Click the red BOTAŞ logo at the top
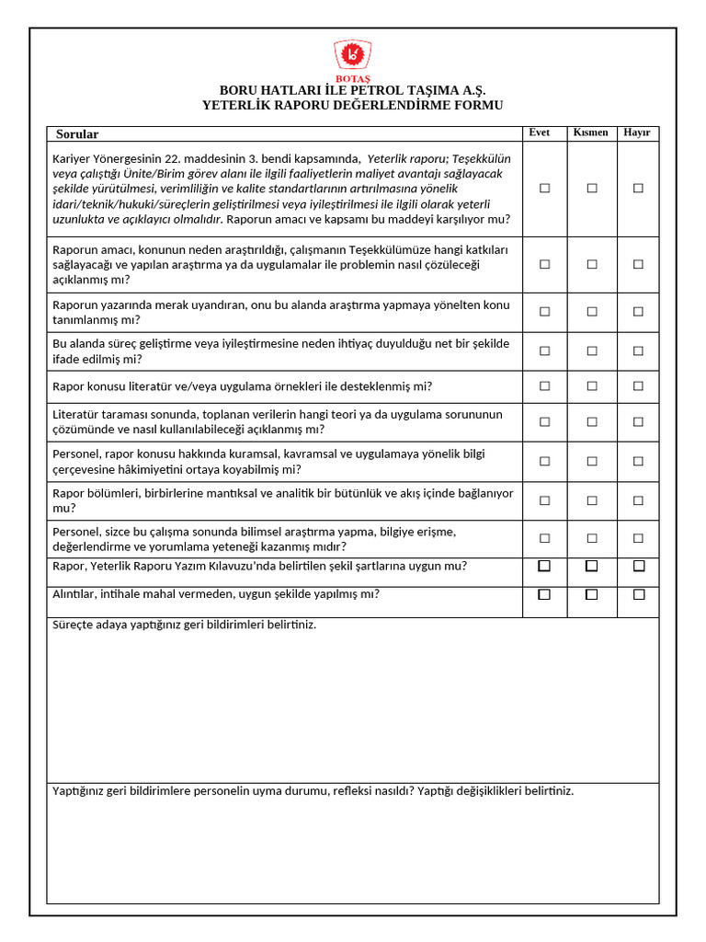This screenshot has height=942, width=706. click(352, 56)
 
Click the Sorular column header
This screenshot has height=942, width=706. click(77, 134)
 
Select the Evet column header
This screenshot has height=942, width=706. click(540, 132)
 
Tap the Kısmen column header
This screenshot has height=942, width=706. click(590, 132)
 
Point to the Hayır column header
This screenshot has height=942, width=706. click(637, 132)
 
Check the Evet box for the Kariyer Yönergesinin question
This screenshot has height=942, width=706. click(544, 188)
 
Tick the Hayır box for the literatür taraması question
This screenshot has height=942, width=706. click(638, 421)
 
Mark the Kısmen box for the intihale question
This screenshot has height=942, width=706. click(591, 594)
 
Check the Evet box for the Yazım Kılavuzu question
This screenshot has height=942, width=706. click(544, 566)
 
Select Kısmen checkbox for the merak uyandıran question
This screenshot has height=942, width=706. click(591, 312)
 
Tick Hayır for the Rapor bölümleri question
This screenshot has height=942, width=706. click(638, 500)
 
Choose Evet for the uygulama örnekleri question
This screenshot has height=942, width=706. click(544, 386)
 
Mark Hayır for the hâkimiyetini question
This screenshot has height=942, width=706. click(638, 461)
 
